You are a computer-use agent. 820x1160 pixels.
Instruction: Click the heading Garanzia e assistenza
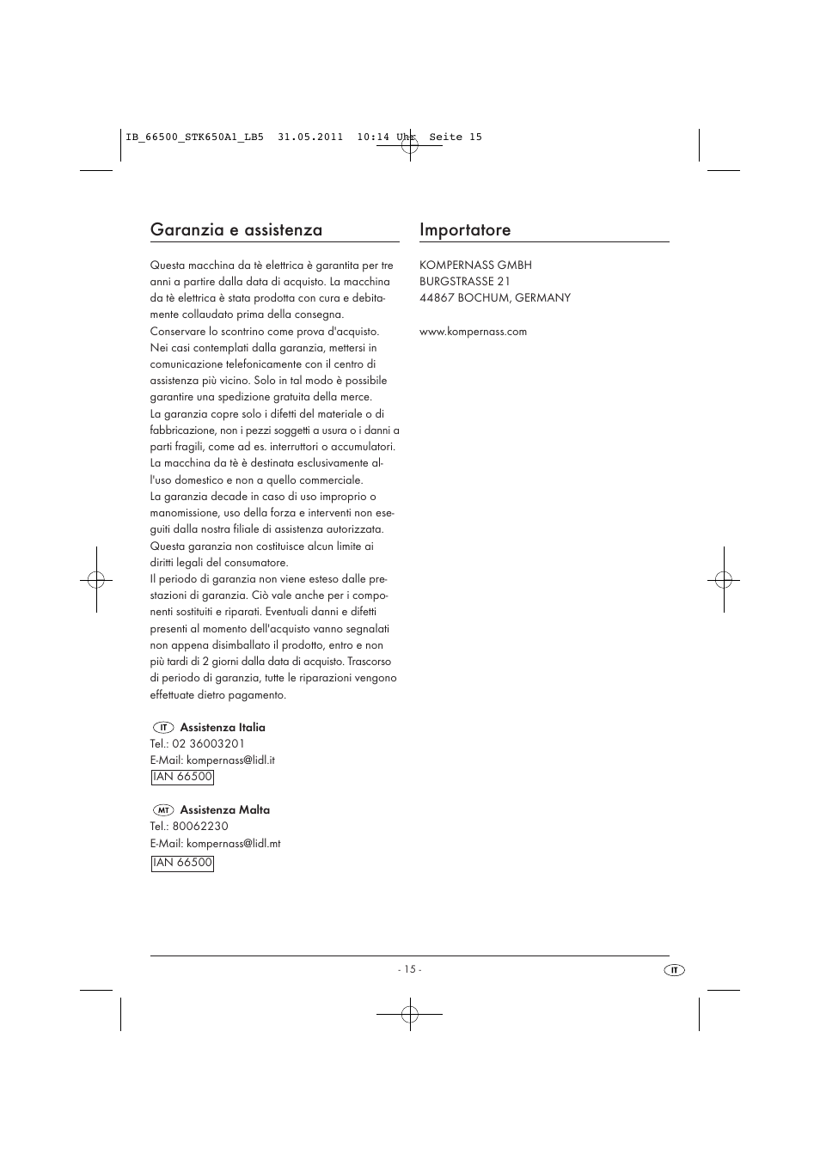click(236, 229)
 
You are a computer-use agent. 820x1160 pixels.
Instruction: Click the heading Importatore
click(465, 229)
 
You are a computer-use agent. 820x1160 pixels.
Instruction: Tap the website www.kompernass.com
click(473, 332)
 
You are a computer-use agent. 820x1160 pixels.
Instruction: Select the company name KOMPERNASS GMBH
click(475, 266)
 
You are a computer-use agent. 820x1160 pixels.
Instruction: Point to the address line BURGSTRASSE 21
click(465, 282)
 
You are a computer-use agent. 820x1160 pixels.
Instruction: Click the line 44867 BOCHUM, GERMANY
click(495, 298)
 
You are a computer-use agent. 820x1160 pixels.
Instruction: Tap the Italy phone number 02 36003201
click(209, 744)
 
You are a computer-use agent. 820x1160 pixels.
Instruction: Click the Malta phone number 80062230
click(200, 827)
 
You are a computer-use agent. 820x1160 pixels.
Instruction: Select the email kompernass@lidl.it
click(230, 760)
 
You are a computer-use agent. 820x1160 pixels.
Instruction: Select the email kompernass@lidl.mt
click(233, 844)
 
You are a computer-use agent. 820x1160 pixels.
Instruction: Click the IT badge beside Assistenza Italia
click(163, 728)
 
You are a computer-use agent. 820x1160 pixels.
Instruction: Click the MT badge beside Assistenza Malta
click(163, 810)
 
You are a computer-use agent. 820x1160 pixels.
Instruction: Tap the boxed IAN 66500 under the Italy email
click(182, 777)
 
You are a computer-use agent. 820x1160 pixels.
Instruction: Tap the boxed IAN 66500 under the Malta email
click(182, 863)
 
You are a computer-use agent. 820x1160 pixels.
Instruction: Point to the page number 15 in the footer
click(409, 969)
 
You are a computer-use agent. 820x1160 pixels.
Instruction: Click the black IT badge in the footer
click(675, 970)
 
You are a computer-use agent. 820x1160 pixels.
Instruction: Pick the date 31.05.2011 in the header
click(310, 137)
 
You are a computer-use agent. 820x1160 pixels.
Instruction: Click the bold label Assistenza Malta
click(224, 810)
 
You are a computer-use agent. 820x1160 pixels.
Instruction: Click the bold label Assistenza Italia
click(223, 728)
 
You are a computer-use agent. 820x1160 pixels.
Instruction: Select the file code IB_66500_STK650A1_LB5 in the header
click(194, 137)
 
